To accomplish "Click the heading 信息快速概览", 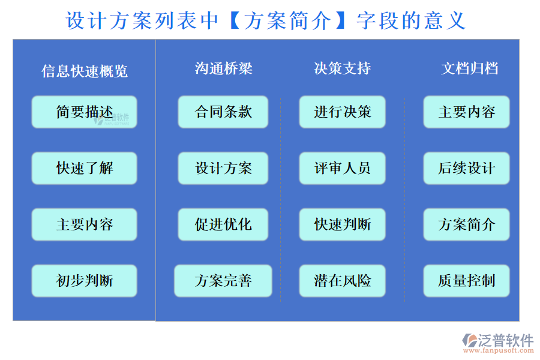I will pyautogui.click(x=85, y=71).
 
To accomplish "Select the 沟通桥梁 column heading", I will pyautogui.click(x=224, y=68).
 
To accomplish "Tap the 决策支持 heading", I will pyautogui.click(x=343, y=68).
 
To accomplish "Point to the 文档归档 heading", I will pyautogui.click(x=470, y=68).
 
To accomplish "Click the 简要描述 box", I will pyautogui.click(x=84, y=112).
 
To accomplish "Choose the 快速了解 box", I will pyautogui.click(x=84, y=168).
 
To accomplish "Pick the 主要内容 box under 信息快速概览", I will pyautogui.click(x=84, y=224).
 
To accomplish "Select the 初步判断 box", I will pyautogui.click(x=84, y=280).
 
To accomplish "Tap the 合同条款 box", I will pyautogui.click(x=223, y=112).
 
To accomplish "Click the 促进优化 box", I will pyautogui.click(x=223, y=224).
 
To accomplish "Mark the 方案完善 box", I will pyautogui.click(x=223, y=280).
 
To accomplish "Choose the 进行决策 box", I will pyautogui.click(x=343, y=112).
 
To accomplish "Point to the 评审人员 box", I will pyautogui.click(x=343, y=168).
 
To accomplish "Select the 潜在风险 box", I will pyautogui.click(x=343, y=280).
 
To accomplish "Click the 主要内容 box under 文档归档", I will pyautogui.click(x=466, y=112).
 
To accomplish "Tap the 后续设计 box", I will pyautogui.click(x=466, y=168).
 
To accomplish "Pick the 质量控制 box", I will pyautogui.click(x=466, y=280).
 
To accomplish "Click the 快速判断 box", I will pyautogui.click(x=343, y=224).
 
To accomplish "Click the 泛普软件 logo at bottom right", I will pyautogui.click(x=497, y=342).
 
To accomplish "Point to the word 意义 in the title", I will pyautogui.click(x=445, y=22).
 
